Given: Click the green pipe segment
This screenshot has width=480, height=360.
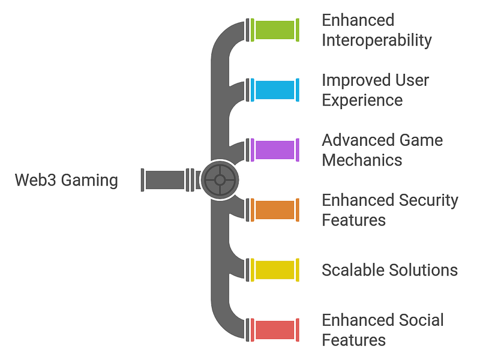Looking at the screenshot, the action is click(275, 30).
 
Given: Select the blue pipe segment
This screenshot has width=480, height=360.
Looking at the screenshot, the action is click(275, 90).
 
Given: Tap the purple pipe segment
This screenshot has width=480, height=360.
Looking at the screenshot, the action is click(275, 150).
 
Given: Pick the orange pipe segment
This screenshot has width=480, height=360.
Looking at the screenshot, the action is click(275, 210).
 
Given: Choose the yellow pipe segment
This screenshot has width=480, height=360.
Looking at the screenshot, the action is click(275, 270).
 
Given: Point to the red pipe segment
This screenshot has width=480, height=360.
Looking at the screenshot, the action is click(275, 330).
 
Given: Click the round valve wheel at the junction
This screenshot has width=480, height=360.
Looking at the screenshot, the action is click(220, 180).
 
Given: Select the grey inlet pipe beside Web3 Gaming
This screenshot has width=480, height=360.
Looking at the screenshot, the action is click(168, 180).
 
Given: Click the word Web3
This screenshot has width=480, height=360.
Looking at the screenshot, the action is click(35, 180).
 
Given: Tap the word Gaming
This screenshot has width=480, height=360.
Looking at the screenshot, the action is click(89, 181).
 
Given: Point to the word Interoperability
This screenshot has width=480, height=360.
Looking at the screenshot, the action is click(377, 40).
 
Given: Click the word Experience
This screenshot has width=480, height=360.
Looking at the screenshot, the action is click(362, 100).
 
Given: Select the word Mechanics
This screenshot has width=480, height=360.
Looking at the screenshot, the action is click(362, 160).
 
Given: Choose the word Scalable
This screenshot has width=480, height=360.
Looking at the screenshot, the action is click(353, 270).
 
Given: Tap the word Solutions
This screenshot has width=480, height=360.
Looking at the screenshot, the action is click(424, 270).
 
